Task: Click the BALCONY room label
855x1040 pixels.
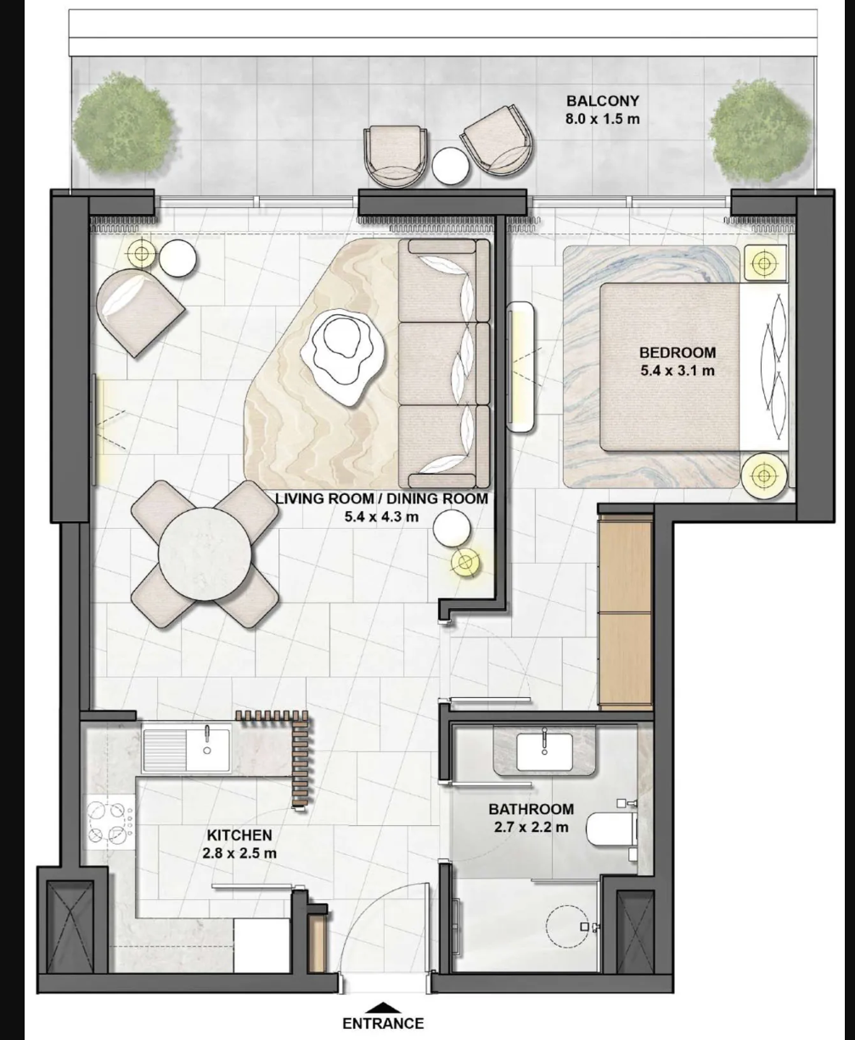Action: click(x=602, y=100)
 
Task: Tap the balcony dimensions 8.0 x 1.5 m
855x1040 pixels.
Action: click(x=602, y=120)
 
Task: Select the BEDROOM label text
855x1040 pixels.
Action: click(x=678, y=352)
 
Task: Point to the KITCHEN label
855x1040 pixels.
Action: click(x=239, y=835)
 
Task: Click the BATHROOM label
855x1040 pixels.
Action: click(x=531, y=809)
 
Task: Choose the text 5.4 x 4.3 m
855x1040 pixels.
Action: click(x=381, y=517)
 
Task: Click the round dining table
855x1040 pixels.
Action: click(x=205, y=554)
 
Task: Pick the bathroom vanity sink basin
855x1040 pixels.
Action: click(x=544, y=751)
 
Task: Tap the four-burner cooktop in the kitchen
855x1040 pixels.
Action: click(x=109, y=823)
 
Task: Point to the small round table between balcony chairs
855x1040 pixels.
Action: click(x=450, y=166)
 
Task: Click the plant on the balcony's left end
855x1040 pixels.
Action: click(x=123, y=126)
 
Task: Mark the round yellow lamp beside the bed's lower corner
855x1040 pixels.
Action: click(x=763, y=475)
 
